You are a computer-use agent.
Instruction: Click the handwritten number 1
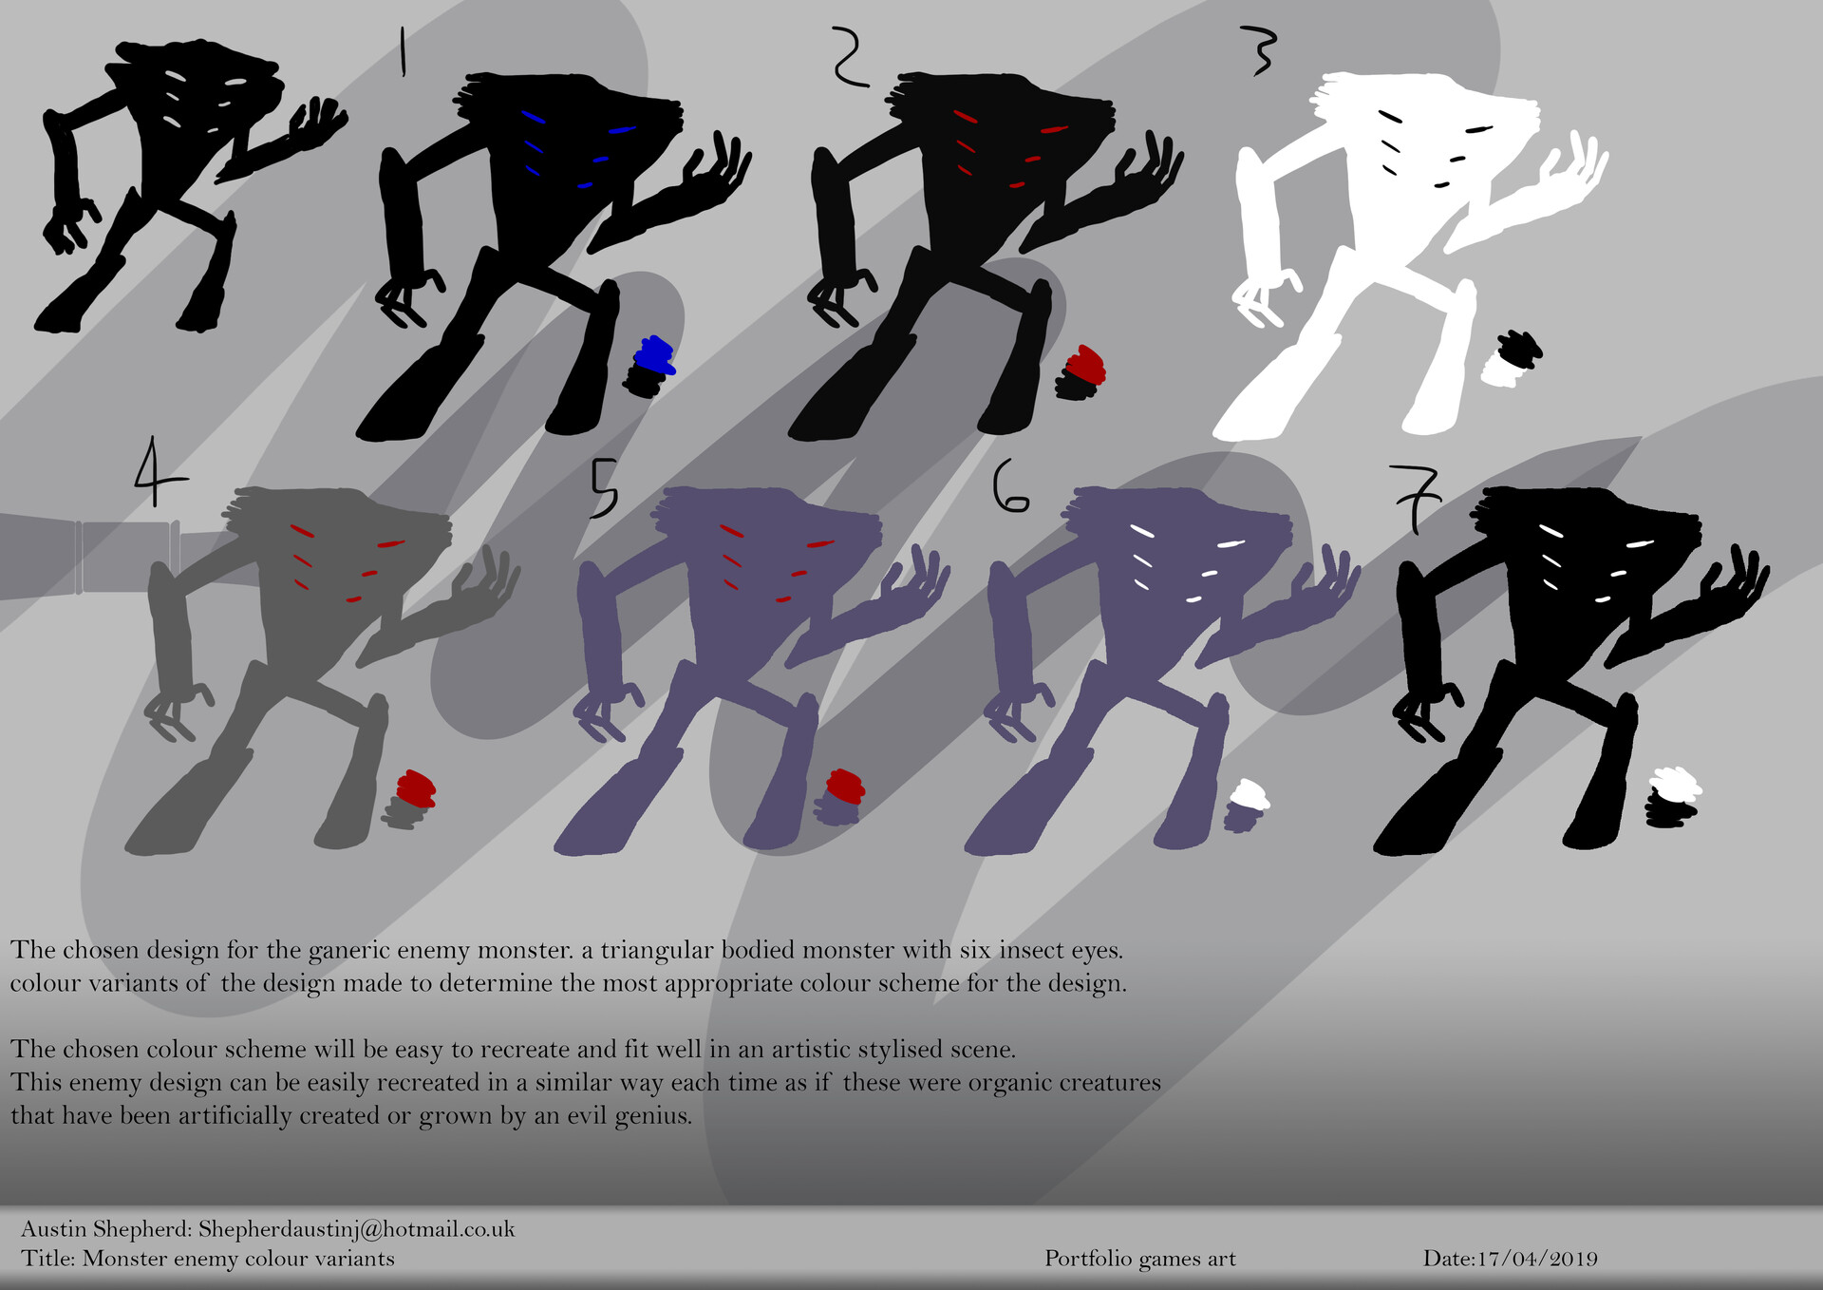coord(403,51)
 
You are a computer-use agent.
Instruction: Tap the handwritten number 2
coord(847,57)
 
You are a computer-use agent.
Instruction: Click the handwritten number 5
coord(603,488)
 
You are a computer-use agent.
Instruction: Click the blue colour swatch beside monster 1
coord(654,354)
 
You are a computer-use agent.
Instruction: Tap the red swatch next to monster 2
coord(1086,363)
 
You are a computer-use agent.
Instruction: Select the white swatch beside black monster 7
coord(1675,785)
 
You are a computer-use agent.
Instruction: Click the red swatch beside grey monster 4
coord(416,787)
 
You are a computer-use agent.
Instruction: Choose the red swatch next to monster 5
coord(844,786)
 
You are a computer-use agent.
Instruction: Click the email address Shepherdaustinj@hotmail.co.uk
coord(356,1229)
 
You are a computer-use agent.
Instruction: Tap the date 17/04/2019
coord(1537,1259)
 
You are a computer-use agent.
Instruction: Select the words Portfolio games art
coord(1140,1259)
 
